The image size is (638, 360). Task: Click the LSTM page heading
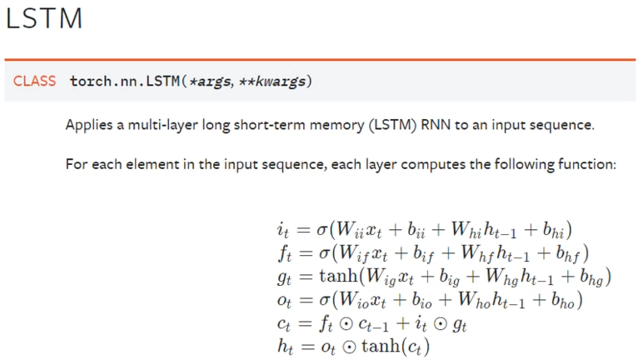44,18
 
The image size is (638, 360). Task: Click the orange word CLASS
34,81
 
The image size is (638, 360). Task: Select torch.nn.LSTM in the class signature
120,81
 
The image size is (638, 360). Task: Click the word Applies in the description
88,125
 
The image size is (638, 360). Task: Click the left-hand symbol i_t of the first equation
281,229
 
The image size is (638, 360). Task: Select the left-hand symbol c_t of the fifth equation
282,322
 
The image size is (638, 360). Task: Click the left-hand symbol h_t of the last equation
282,345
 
